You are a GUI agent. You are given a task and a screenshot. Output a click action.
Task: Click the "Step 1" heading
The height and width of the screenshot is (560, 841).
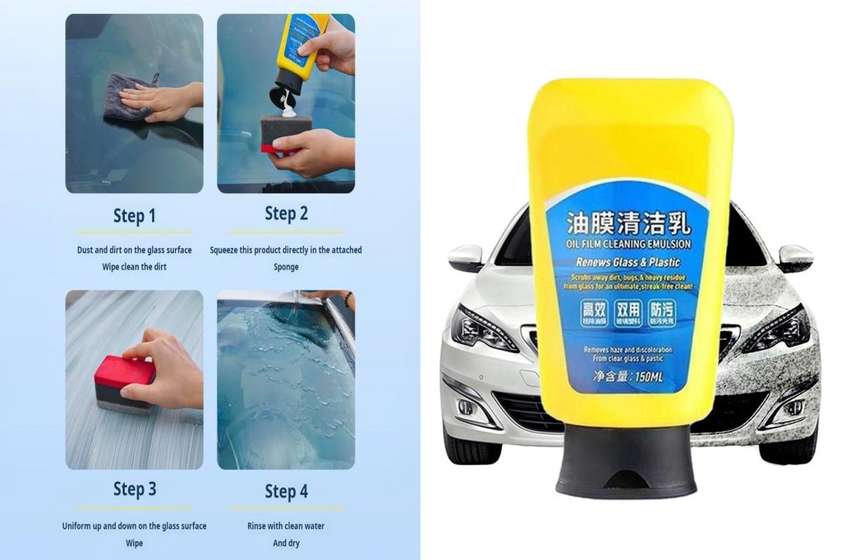coord(134,216)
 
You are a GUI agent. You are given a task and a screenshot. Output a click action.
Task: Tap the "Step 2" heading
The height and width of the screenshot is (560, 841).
coord(286,213)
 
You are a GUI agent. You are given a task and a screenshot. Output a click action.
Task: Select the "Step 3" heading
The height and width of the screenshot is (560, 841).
coord(134,489)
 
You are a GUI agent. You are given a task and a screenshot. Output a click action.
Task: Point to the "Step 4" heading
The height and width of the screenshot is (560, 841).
coord(286,492)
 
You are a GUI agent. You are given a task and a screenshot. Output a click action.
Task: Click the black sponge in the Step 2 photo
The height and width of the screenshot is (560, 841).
coord(286,131)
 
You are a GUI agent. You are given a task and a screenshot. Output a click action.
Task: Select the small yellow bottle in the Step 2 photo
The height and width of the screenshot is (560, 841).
coord(301,45)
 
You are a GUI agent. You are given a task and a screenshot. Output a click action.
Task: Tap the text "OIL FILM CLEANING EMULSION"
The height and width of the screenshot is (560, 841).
coord(629,244)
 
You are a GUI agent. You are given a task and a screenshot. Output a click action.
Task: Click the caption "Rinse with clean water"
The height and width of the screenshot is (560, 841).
coord(286,526)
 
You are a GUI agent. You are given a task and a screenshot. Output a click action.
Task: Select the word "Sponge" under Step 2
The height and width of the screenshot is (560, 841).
coord(286,267)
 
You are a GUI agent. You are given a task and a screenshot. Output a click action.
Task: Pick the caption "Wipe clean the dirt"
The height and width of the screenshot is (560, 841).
coord(134,267)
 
